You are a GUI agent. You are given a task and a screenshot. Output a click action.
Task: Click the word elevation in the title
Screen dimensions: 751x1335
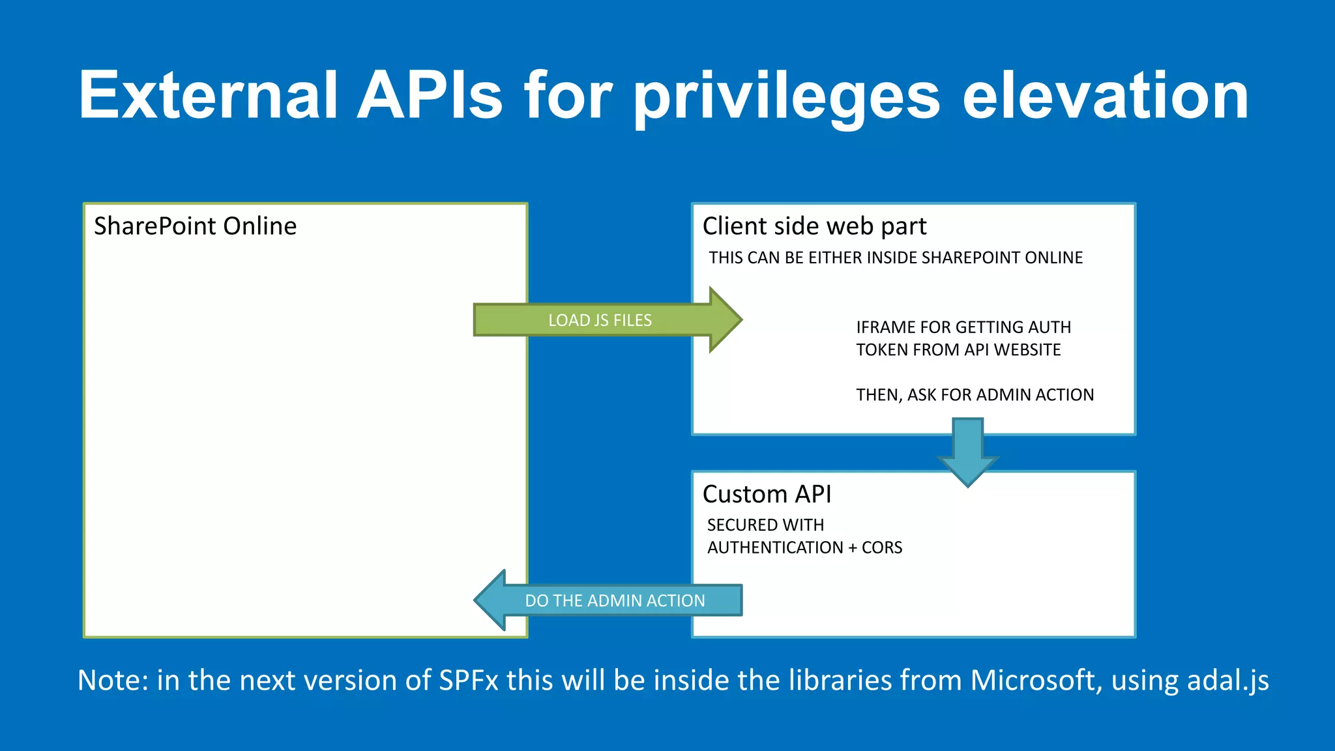(x=1105, y=96)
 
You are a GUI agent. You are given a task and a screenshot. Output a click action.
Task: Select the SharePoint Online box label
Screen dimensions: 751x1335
(x=195, y=226)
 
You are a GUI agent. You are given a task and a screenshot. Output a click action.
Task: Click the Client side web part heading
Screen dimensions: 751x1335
(x=814, y=226)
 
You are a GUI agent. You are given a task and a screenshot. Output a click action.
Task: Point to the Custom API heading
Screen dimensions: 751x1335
(x=767, y=494)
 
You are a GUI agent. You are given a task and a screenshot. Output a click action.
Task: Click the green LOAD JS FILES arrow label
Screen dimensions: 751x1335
(x=600, y=320)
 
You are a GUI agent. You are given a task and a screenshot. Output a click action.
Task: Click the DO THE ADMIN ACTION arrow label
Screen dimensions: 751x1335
(x=615, y=600)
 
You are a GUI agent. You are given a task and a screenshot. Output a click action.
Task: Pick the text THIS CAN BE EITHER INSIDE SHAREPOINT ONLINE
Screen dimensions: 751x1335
(x=896, y=258)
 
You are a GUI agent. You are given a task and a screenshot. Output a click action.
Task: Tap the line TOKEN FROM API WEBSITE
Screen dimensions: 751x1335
(x=958, y=350)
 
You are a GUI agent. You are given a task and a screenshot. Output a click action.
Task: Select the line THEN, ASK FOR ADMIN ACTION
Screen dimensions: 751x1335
(x=975, y=395)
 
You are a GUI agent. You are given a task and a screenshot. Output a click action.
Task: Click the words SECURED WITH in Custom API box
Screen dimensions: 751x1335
(x=765, y=525)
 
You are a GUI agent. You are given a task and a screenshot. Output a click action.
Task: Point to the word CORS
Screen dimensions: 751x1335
(x=882, y=548)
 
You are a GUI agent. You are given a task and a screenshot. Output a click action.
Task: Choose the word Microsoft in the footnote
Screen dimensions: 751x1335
(x=1035, y=681)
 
